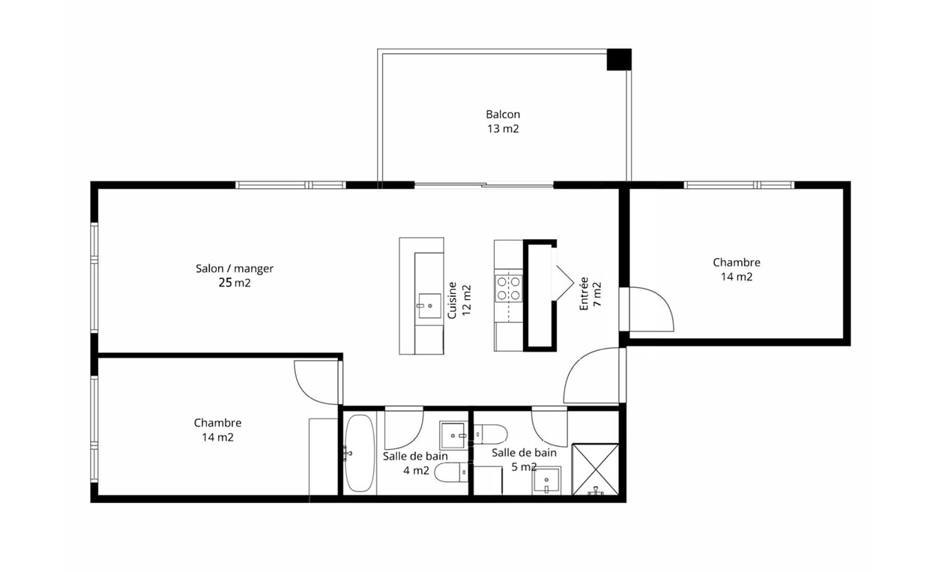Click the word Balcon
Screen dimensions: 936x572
[503, 114]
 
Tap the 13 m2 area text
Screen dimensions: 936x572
[503, 129]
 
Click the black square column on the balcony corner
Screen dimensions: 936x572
[619, 59]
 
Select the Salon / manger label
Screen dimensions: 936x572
[235, 268]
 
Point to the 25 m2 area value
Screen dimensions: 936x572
[235, 283]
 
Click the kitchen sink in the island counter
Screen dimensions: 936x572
[429, 306]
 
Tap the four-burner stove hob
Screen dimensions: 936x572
[509, 288]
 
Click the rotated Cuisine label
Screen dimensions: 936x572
[452, 300]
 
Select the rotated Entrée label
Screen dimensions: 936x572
[584, 294]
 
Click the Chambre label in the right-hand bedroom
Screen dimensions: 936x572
[736, 262]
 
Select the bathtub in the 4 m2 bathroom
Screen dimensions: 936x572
[360, 453]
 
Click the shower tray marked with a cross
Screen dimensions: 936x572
[595, 469]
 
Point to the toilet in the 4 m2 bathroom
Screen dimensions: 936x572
[451, 472]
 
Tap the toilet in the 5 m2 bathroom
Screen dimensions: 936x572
[490, 434]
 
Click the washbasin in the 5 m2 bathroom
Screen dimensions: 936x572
[546, 481]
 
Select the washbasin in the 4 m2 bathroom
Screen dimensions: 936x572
[453, 436]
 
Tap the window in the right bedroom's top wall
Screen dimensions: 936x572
[739, 185]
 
